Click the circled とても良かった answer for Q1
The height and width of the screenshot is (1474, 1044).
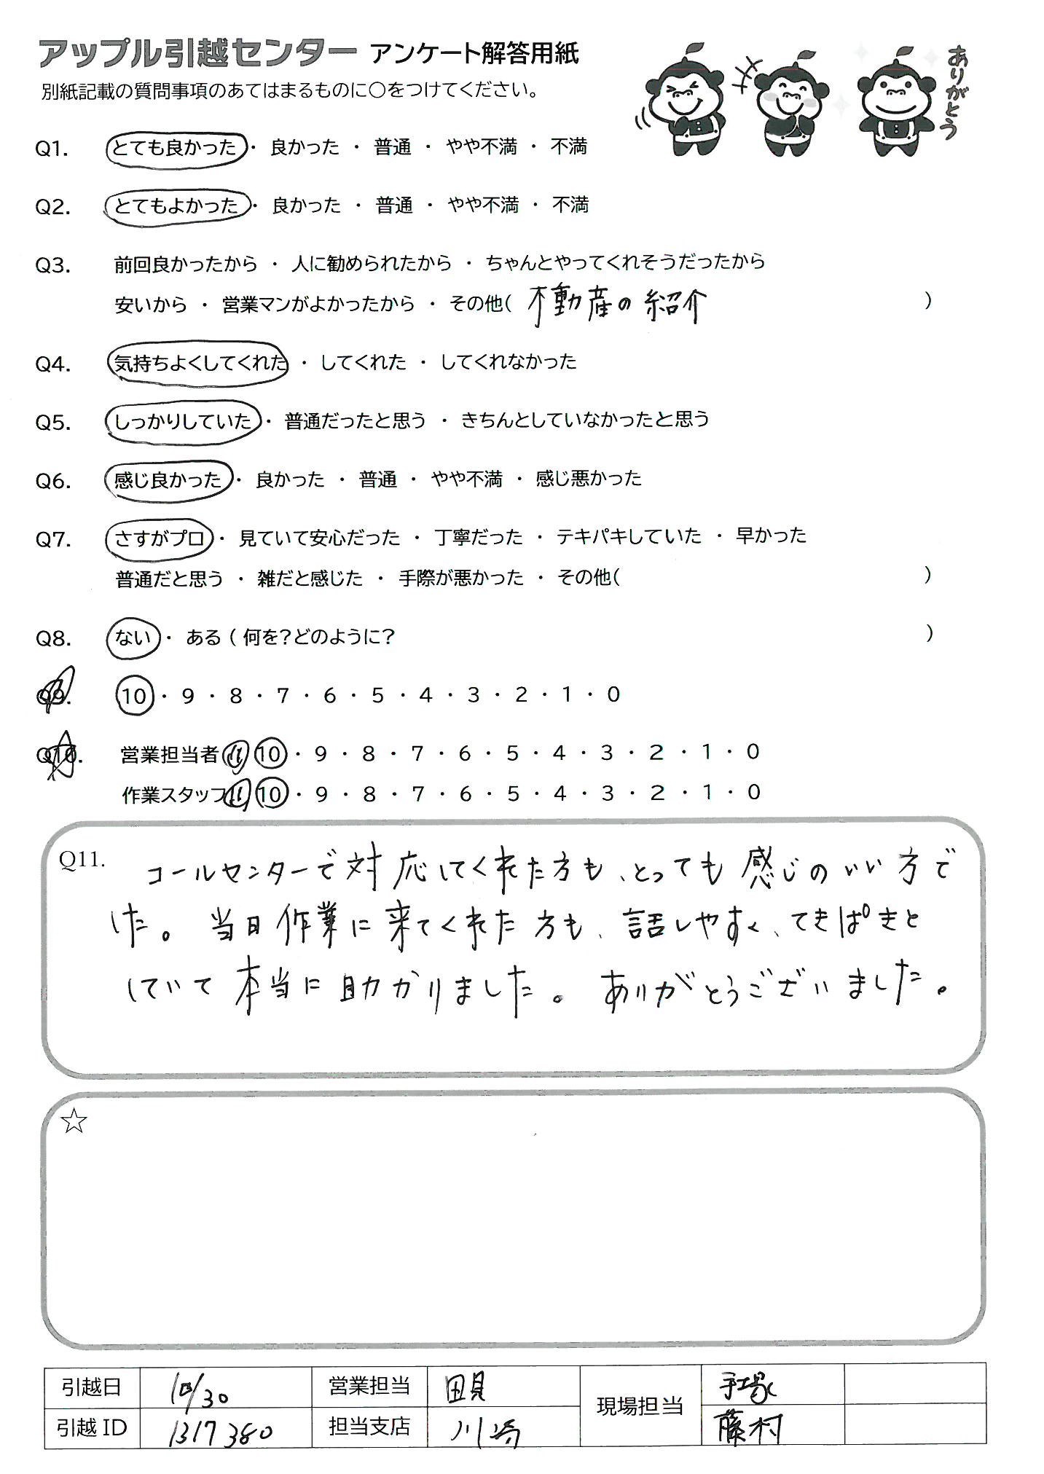(176, 148)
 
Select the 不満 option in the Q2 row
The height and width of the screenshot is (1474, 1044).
(570, 205)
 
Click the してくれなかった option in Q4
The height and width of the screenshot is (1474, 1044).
(509, 362)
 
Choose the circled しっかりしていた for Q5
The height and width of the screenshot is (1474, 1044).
(183, 421)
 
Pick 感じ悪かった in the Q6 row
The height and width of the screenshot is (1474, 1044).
(589, 479)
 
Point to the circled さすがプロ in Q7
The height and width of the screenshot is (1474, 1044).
(159, 538)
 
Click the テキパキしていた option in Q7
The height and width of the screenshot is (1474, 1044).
(629, 537)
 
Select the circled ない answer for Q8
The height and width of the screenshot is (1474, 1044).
(133, 638)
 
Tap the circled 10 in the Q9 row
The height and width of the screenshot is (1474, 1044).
(134, 697)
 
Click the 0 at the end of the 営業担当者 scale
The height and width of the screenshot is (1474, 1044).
(753, 752)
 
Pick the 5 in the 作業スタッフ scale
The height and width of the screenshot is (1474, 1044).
(513, 793)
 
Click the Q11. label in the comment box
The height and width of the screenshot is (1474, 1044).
(82, 860)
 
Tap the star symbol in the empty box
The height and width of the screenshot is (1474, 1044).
(74, 1122)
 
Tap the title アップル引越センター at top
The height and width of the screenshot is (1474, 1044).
(197, 55)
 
